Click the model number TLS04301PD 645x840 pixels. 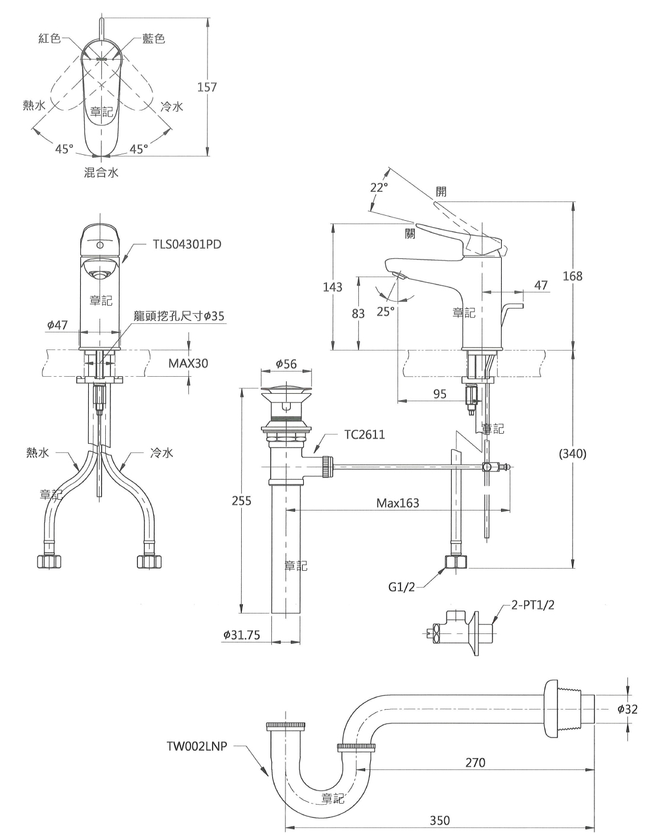click(x=187, y=244)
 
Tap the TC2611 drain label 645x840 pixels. click(x=365, y=434)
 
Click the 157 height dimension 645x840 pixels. click(x=207, y=87)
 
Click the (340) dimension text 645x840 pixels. click(x=573, y=454)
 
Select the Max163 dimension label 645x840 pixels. click(x=398, y=503)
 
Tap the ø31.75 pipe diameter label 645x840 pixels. click(x=242, y=635)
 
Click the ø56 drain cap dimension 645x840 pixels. click(x=286, y=364)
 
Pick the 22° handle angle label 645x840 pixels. click(x=379, y=187)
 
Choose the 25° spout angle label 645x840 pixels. click(x=386, y=311)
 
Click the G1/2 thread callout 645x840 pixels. click(x=402, y=587)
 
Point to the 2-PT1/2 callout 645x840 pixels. click(x=532, y=605)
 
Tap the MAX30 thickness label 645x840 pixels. click(x=188, y=363)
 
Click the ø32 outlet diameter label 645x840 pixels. click(x=627, y=709)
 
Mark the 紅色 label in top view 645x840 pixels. click(x=49, y=38)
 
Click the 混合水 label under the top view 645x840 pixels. click(x=101, y=172)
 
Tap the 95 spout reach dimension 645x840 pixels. click(x=440, y=394)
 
